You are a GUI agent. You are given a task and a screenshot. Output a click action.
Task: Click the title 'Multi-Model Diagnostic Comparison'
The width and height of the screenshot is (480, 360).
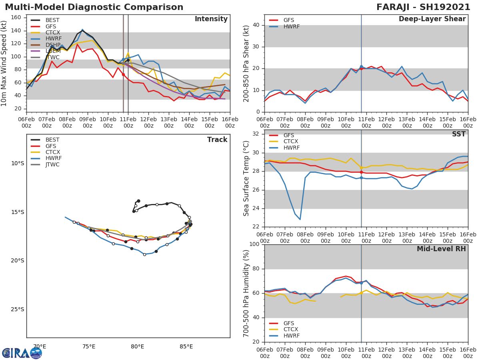[x=94, y=7]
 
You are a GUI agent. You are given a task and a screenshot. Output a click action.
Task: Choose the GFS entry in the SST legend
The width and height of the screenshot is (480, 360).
[x=288, y=135]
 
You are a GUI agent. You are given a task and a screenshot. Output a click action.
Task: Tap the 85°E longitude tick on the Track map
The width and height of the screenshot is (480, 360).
[x=186, y=346]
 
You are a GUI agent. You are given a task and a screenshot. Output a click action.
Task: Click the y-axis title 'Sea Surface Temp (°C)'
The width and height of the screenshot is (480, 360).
[x=246, y=178]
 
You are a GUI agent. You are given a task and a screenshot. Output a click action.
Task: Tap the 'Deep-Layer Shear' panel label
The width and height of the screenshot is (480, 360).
[x=432, y=19]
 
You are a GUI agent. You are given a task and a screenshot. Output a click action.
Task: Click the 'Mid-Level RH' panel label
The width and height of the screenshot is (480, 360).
[x=441, y=249]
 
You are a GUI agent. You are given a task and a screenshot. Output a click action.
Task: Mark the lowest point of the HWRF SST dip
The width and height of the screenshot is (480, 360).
[x=300, y=219]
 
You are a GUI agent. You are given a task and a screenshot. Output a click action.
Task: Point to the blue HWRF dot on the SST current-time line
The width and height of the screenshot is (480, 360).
[x=361, y=178]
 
